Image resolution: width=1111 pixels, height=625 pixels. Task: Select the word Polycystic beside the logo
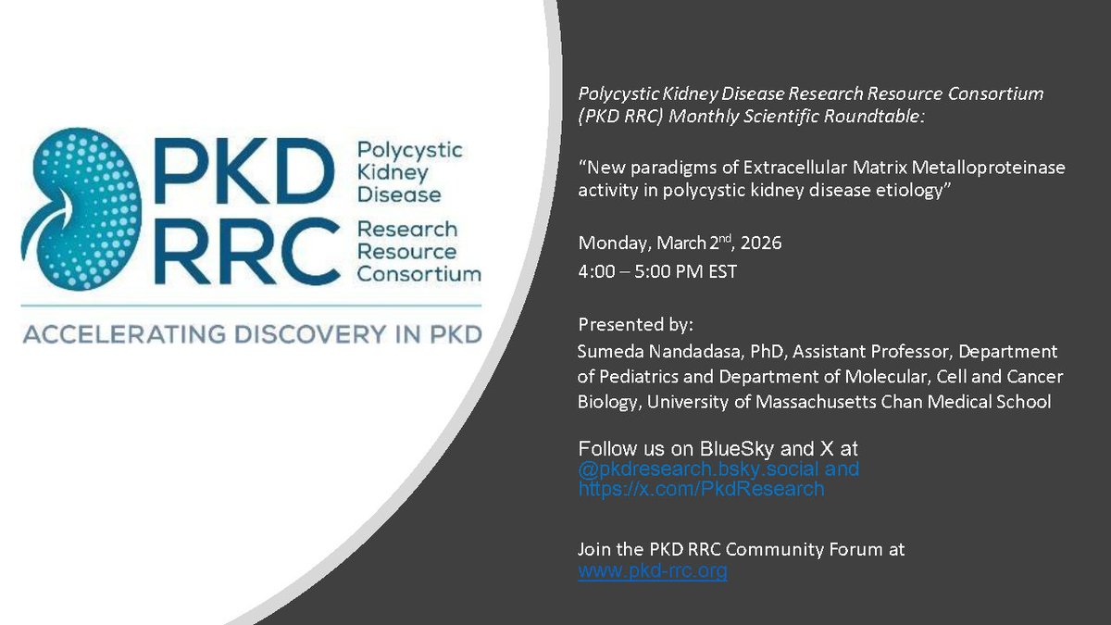click(x=409, y=150)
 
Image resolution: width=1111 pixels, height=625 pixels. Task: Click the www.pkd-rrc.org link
click(x=653, y=571)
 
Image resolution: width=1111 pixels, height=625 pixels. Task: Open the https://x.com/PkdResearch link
click(x=701, y=489)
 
